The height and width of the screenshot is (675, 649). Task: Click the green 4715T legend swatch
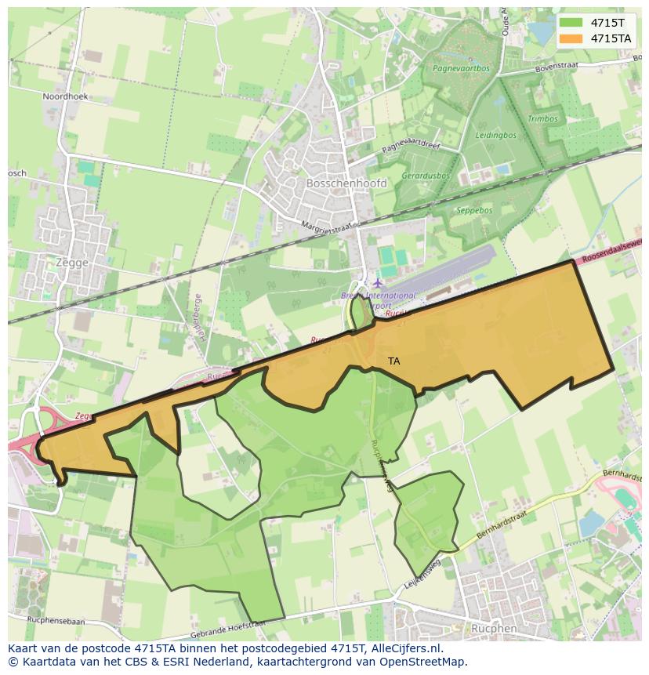click(570, 22)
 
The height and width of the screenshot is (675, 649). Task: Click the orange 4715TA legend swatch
click(570, 38)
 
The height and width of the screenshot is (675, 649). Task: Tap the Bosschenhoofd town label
click(346, 183)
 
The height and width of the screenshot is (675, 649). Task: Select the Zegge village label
click(72, 263)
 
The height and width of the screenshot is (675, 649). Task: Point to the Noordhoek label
click(66, 96)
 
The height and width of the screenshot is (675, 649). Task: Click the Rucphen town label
click(494, 628)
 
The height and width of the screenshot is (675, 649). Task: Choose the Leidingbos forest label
click(496, 135)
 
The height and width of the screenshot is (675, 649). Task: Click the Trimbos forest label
click(542, 119)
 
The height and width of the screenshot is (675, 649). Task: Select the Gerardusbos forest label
click(426, 176)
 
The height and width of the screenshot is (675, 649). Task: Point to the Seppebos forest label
click(474, 210)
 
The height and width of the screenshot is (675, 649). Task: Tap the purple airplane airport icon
click(379, 282)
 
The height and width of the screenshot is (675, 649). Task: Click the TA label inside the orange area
click(393, 361)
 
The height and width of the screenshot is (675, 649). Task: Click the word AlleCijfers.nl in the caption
click(407, 649)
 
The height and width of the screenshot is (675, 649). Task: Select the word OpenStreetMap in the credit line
click(422, 662)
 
